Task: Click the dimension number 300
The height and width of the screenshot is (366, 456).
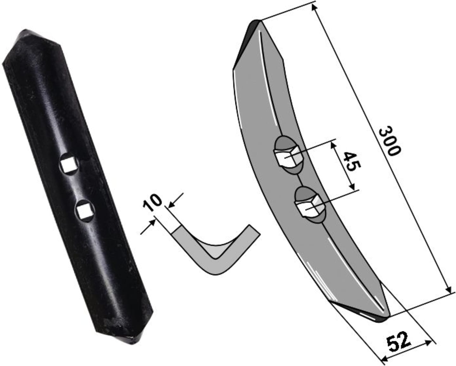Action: pyautogui.click(x=389, y=141)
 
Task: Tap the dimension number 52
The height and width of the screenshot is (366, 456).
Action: pyautogui.click(x=398, y=346)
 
